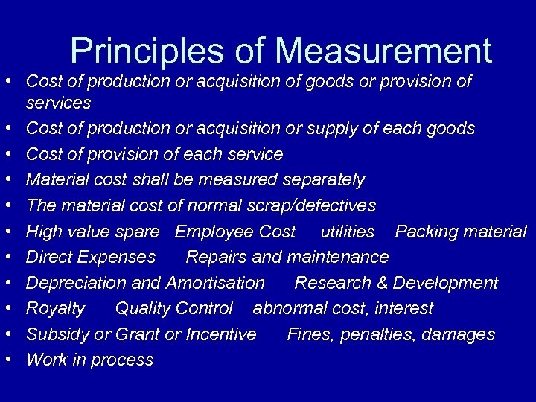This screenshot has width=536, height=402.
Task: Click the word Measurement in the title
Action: click(x=383, y=51)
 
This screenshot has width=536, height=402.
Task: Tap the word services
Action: click(x=58, y=103)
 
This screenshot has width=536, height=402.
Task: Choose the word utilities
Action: click(x=348, y=232)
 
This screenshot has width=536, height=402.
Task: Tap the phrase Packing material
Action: click(x=460, y=232)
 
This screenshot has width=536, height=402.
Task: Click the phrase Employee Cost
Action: click(x=235, y=232)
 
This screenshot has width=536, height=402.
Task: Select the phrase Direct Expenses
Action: click(x=91, y=257)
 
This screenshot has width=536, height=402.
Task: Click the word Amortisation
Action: click(x=215, y=283)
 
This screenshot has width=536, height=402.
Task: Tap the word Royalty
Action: click(x=56, y=308)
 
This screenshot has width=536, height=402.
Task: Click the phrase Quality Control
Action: click(x=174, y=308)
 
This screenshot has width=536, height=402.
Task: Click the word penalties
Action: click(x=376, y=334)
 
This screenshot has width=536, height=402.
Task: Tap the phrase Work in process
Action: click(x=89, y=360)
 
